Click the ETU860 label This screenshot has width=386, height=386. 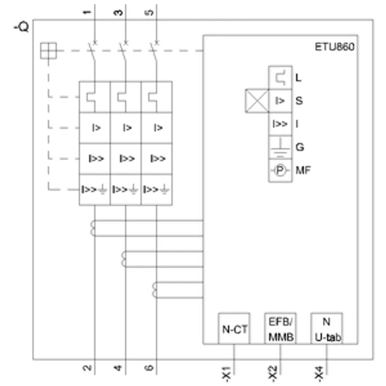point(334,47)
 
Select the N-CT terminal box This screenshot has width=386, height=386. point(234,329)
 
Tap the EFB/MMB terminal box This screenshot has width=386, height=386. point(280,329)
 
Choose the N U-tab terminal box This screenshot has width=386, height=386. point(327,329)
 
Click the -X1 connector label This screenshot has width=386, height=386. point(226,373)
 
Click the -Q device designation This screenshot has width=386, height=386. point(21,27)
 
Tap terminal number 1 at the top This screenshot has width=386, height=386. point(87,13)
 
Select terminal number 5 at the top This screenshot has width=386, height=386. point(150,13)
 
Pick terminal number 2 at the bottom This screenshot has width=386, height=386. point(87,368)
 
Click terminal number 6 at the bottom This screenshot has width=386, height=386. point(149,368)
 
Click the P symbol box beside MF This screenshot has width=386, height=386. point(280,170)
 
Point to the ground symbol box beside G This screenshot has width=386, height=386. point(280,147)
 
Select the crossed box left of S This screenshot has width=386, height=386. point(257,101)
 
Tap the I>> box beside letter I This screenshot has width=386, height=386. point(280,124)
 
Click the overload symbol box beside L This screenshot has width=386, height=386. point(280,78)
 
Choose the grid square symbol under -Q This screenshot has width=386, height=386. point(49,51)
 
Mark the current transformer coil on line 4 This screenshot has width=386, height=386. point(123,259)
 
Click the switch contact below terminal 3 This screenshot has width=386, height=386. point(123,52)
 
